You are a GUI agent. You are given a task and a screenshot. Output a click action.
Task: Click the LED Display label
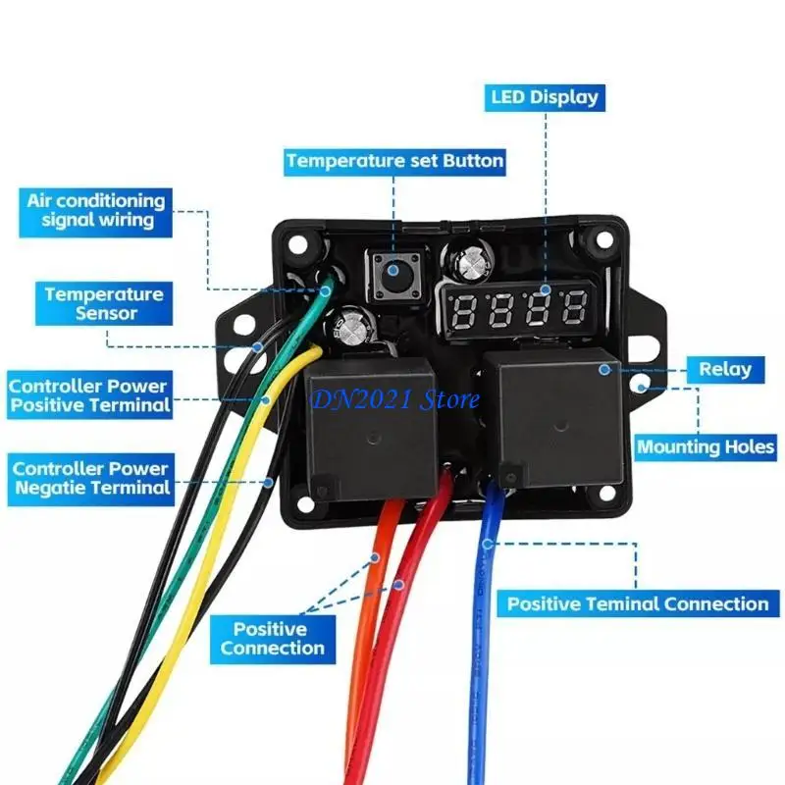[x=543, y=97]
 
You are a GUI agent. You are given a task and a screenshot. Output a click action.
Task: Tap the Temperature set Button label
[x=394, y=160]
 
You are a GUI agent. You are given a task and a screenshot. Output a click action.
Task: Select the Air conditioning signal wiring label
[x=97, y=209]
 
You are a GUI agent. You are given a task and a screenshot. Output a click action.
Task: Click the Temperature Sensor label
[x=103, y=303]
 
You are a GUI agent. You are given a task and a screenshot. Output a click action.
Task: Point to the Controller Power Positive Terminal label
[x=89, y=394]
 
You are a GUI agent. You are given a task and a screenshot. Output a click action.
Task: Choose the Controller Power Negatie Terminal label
[x=90, y=478]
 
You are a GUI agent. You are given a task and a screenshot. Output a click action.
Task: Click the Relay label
[x=724, y=370]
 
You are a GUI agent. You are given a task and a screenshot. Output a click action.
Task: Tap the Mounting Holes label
[x=706, y=446]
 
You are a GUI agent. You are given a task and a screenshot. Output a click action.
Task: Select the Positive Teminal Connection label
[x=637, y=603]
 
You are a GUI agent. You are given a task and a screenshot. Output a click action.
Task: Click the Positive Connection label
[x=272, y=639]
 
